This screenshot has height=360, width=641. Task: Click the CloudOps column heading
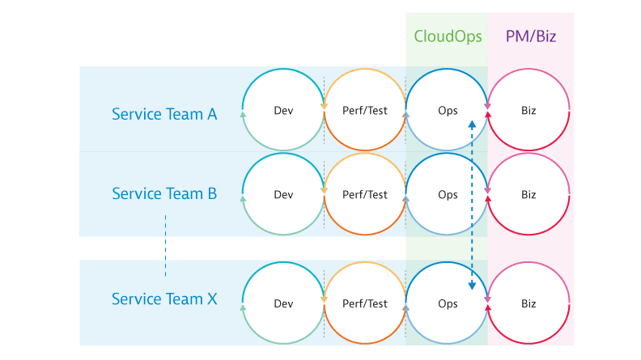click(448, 36)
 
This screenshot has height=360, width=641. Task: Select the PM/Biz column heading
click(531, 36)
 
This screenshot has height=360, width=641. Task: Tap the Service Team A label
click(164, 114)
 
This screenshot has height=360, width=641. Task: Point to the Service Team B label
click(164, 193)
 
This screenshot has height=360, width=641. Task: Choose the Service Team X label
click(164, 299)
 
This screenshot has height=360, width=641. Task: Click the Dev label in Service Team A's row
click(283, 110)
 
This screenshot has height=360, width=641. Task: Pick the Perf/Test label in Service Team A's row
click(365, 110)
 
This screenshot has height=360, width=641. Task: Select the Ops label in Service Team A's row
click(448, 111)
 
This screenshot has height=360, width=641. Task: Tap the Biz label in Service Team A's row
click(529, 110)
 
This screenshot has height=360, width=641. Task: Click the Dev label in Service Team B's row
click(283, 194)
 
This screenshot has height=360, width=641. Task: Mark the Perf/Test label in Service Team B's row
click(365, 194)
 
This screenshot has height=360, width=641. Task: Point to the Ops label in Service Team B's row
click(448, 195)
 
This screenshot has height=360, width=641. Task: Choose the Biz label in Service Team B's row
click(529, 194)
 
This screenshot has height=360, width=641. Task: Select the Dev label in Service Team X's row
click(283, 303)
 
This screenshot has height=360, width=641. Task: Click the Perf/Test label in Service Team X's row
click(365, 303)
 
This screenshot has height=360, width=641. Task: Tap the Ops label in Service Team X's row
click(448, 304)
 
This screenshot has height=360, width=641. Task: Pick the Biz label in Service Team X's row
click(529, 303)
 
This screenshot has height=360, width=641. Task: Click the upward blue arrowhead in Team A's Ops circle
click(472, 125)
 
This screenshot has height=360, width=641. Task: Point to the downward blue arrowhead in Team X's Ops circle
click(472, 286)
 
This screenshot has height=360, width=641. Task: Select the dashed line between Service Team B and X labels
click(166, 246)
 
